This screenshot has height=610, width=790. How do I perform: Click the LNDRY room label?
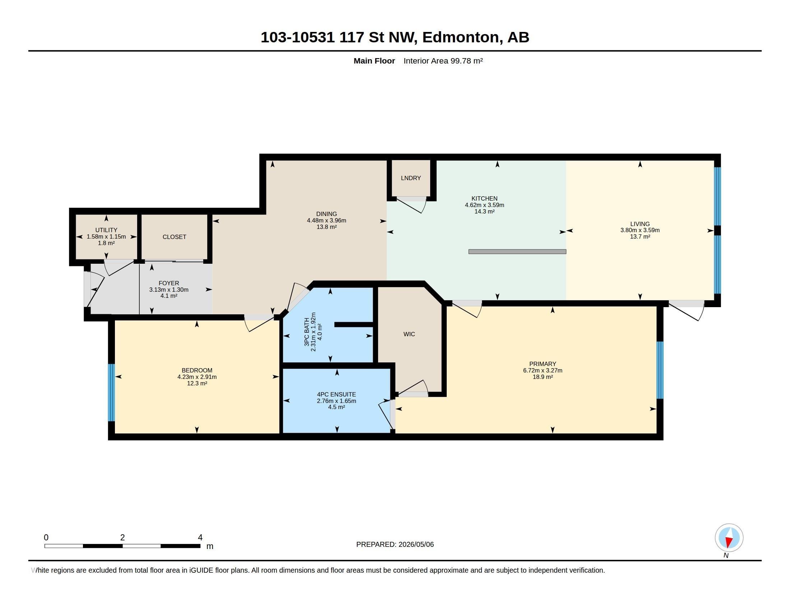click(x=410, y=178)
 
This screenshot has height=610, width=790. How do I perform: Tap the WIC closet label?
click(x=409, y=334)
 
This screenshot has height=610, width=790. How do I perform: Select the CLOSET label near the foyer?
click(x=175, y=237)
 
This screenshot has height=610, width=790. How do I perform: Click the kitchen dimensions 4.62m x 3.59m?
click(x=484, y=205)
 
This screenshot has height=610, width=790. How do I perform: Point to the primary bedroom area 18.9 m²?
click(x=543, y=376)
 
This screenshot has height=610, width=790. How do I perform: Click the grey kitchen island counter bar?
click(x=517, y=252)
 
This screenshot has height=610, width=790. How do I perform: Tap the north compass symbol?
click(x=729, y=538)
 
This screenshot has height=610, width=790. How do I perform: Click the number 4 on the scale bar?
click(x=200, y=538)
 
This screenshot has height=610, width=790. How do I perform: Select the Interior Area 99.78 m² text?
click(x=443, y=61)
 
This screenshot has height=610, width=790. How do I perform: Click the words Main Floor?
click(x=374, y=61)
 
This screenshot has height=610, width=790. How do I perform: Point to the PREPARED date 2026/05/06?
click(x=416, y=544)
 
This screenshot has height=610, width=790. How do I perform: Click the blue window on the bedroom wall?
click(x=111, y=393)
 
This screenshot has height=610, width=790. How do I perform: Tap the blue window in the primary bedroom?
click(x=660, y=370)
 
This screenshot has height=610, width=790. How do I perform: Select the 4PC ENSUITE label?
click(x=336, y=394)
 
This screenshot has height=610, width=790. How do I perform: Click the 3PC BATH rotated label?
click(x=307, y=332)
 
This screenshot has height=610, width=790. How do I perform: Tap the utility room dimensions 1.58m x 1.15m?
click(x=106, y=237)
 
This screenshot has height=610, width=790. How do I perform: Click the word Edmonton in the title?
click(x=460, y=37)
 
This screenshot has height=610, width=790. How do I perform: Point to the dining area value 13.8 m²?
click(x=327, y=227)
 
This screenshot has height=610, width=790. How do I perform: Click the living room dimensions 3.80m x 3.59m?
click(x=640, y=230)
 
